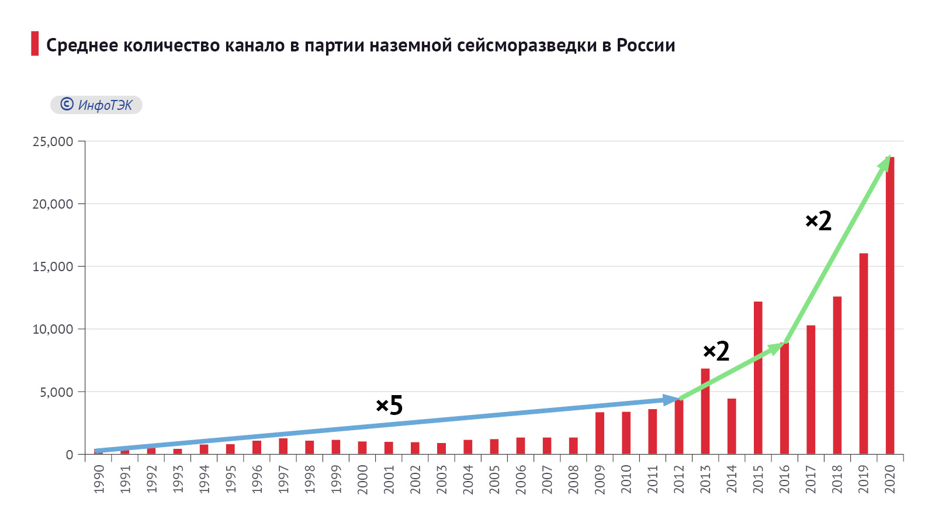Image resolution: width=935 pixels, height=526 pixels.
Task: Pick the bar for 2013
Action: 705,411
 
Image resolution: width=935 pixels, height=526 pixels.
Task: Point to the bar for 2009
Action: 600,433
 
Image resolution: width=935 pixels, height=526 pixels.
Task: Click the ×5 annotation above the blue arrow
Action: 389,405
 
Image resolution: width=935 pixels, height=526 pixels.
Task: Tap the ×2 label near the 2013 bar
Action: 716,351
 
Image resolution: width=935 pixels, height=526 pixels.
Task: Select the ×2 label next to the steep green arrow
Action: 819,221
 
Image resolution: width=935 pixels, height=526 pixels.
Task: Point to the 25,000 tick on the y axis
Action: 53,141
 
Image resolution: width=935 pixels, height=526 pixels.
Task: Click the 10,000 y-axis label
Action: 53,329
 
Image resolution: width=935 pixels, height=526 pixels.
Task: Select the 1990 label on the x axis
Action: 99,479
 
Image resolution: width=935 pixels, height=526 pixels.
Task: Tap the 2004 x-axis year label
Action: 468,479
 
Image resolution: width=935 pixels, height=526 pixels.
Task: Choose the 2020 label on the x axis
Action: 890,479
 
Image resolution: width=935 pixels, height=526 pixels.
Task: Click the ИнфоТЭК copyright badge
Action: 96,105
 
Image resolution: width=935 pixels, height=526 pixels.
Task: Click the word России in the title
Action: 646,45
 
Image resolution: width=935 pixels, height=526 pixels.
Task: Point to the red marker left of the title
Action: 35,44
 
